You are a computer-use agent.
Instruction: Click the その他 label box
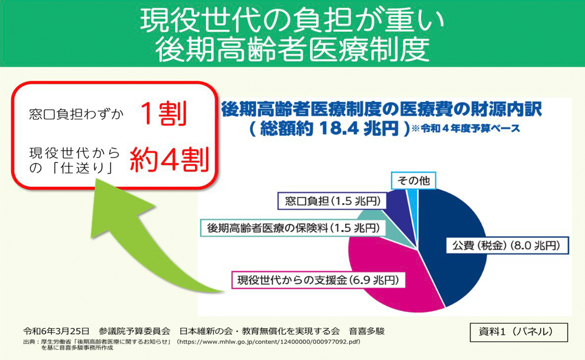(x=413, y=181)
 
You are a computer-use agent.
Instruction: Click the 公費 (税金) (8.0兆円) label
(x=506, y=246)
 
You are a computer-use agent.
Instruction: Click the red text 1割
(x=163, y=114)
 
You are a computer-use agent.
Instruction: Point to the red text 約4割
(x=169, y=159)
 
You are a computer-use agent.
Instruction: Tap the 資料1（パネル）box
(x=518, y=332)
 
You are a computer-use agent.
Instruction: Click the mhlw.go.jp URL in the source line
(x=269, y=342)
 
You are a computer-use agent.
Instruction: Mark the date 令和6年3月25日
(x=56, y=331)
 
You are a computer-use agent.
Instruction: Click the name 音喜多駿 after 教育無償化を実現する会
(x=366, y=331)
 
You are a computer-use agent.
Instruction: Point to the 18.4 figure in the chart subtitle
(x=339, y=129)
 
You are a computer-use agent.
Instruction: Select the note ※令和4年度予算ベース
(x=466, y=129)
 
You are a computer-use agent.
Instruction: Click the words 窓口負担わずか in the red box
(x=76, y=114)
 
